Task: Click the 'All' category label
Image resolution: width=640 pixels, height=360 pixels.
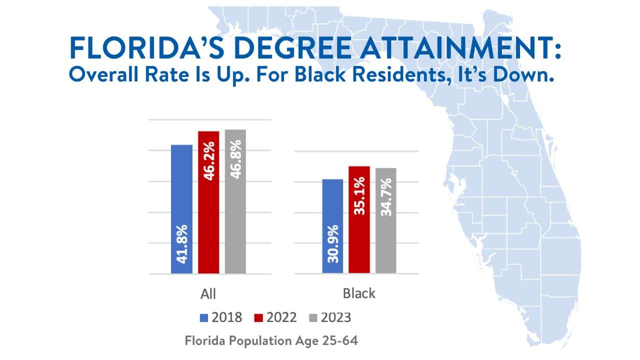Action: point(208,293)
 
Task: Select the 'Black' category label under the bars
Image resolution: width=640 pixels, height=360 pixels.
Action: point(359,293)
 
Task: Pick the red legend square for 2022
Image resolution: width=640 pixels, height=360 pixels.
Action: point(259,317)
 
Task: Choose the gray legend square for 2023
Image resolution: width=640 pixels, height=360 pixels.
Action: point(313,317)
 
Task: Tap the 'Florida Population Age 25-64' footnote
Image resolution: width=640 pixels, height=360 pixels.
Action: point(272,341)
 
